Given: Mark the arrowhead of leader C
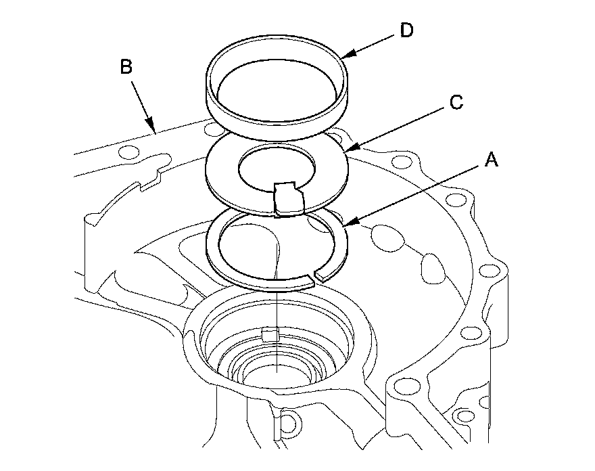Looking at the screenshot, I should pos(346,147).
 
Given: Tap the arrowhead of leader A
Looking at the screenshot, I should pos(344,223).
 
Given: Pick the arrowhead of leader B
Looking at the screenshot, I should pos(155,131).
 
